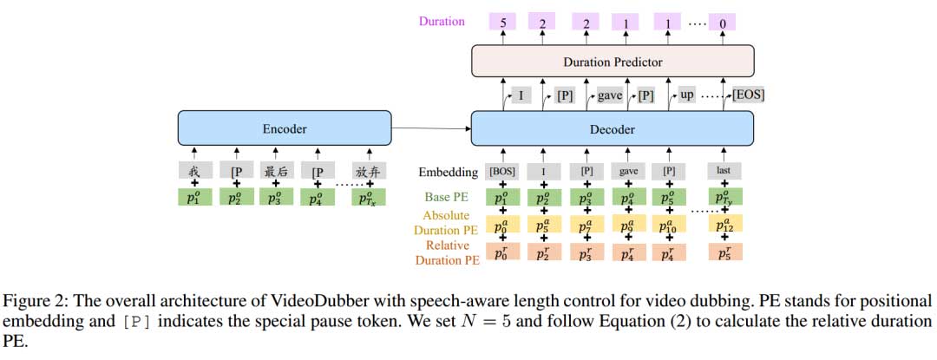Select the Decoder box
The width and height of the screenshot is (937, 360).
click(x=613, y=129)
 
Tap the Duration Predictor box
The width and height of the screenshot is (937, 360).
click(x=613, y=62)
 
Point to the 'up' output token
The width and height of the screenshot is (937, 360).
click(x=685, y=95)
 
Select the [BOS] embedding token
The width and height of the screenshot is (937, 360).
click(x=502, y=172)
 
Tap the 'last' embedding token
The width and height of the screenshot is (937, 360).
click(x=722, y=172)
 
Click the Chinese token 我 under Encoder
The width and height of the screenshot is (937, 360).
click(x=194, y=171)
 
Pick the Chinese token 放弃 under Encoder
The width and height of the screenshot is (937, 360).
click(x=368, y=171)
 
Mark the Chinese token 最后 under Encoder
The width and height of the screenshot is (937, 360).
click(x=276, y=171)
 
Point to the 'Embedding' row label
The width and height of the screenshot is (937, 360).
click(x=448, y=172)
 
